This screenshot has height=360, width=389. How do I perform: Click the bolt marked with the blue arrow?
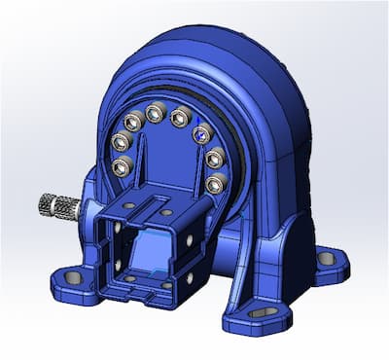click(204, 134)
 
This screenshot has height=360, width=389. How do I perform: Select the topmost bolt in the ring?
click(155, 115)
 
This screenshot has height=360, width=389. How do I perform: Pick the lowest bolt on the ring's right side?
click(214, 182)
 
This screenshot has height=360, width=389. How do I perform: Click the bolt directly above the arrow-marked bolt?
click(179, 118)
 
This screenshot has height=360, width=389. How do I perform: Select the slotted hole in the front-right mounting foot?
click(262, 313)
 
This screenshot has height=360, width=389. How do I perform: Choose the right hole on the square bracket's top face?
click(165, 211)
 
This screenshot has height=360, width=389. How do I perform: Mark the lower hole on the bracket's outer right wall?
click(190, 277)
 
